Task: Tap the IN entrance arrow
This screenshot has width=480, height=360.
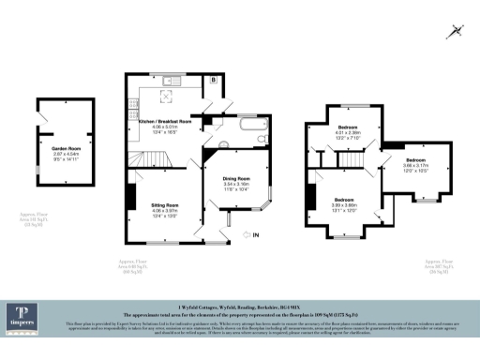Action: click(x=250, y=234)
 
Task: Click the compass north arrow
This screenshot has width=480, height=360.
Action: click(x=455, y=31)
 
